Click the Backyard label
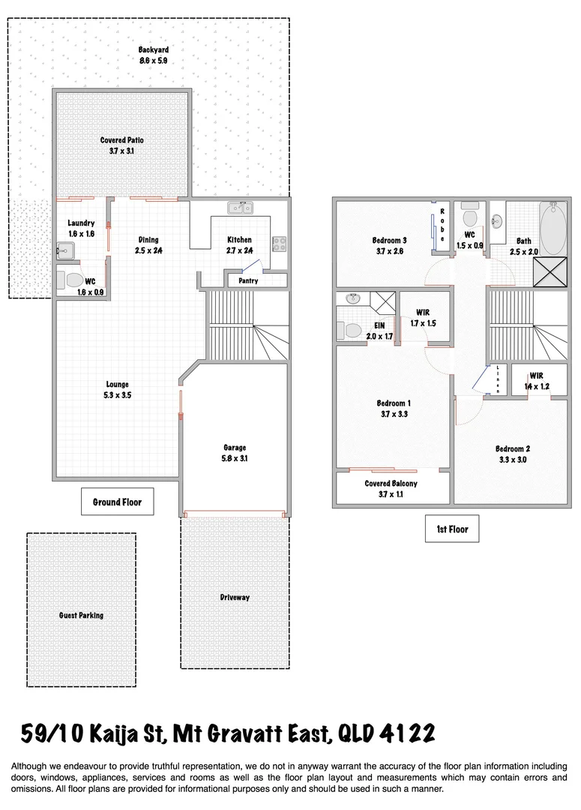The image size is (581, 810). tap(151, 50)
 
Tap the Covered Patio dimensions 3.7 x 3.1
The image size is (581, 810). tap(121, 151)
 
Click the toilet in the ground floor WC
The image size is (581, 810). tap(73, 280)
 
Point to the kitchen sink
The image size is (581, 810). tap(241, 208)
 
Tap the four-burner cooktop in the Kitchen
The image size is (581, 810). tap(279, 243)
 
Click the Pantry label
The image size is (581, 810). tap(248, 280)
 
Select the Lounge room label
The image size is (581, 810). tap(118, 384)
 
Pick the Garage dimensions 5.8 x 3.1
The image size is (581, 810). tap(235, 458)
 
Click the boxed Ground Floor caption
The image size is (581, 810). tap(117, 502)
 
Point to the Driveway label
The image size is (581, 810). tap(235, 597)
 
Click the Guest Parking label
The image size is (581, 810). tap(81, 615)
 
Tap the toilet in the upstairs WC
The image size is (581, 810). tap(471, 217)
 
